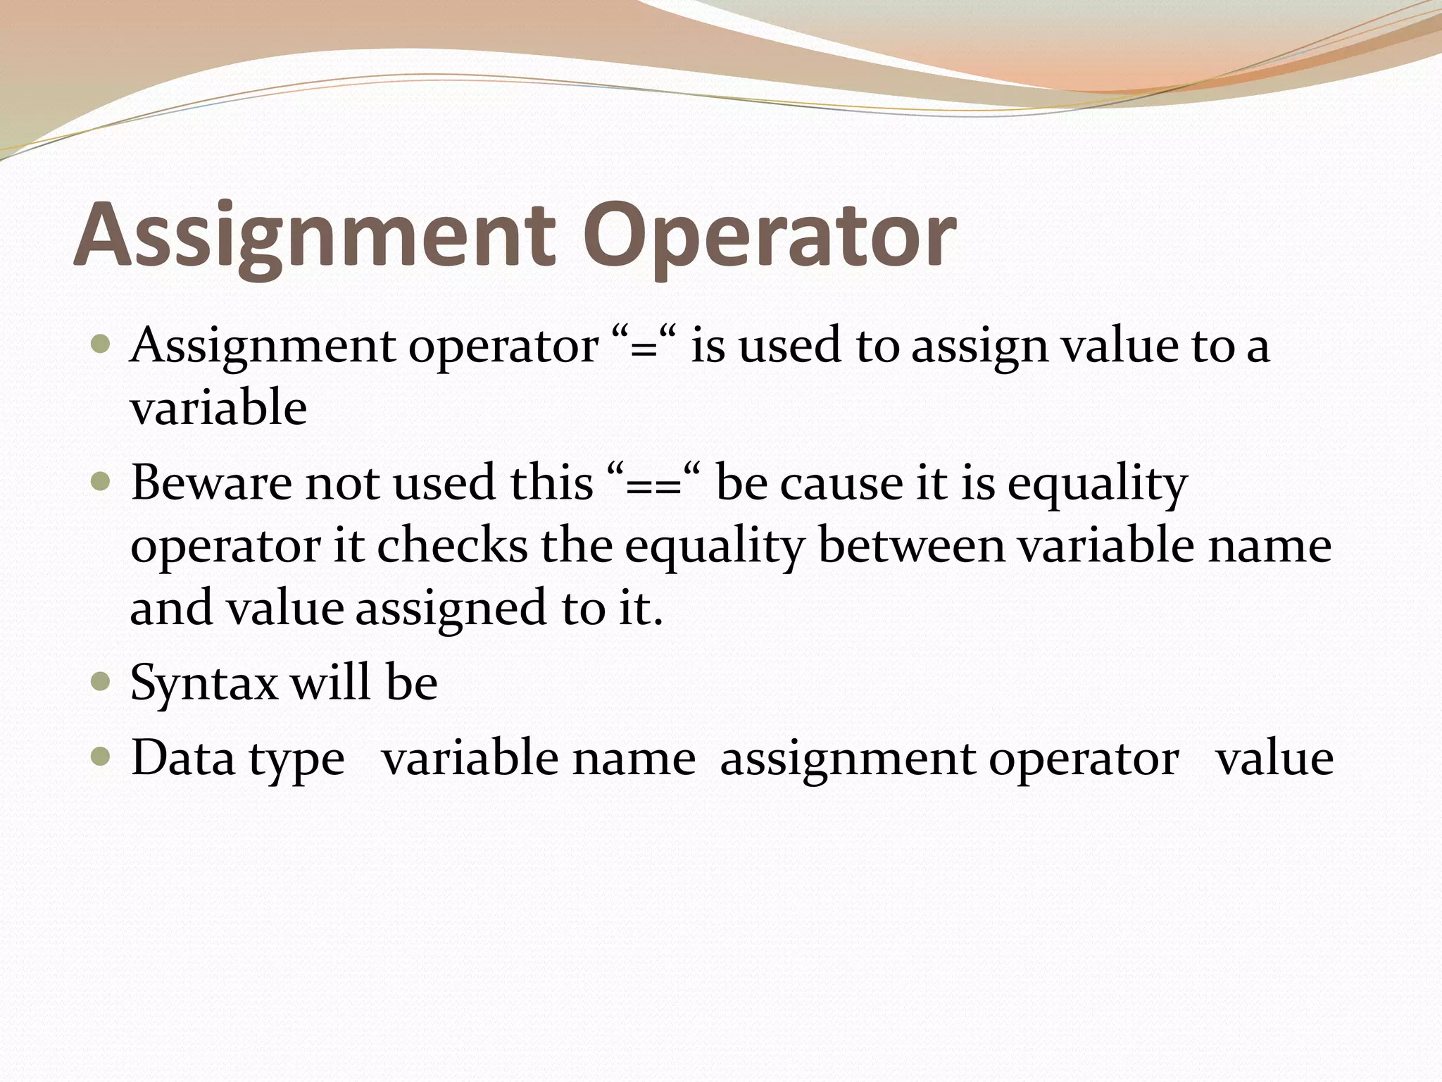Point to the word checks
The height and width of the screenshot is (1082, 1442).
452,546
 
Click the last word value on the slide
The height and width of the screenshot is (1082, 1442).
1274,759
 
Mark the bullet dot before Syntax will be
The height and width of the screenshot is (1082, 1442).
101,682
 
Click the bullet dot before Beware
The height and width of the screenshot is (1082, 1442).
101,483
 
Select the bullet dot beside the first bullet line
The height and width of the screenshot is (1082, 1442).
101,345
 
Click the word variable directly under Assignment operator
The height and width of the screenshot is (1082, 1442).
218,409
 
